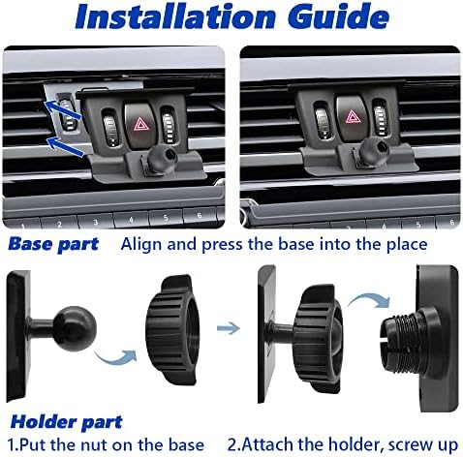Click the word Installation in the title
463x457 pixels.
click(175, 16)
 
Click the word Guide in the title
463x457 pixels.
click(338, 15)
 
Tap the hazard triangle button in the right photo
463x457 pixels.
click(352, 117)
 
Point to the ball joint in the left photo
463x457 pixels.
click(162, 158)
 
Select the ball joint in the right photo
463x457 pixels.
click(375, 150)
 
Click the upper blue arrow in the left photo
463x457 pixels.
click(62, 109)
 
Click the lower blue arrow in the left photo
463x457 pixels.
click(65, 147)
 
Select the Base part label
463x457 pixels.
click(53, 244)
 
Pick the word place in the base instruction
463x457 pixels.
click(407, 244)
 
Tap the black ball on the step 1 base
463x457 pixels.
click(75, 327)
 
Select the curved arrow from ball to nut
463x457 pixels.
click(116, 358)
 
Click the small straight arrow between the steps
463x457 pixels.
click(229, 328)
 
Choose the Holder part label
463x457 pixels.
click(66, 422)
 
